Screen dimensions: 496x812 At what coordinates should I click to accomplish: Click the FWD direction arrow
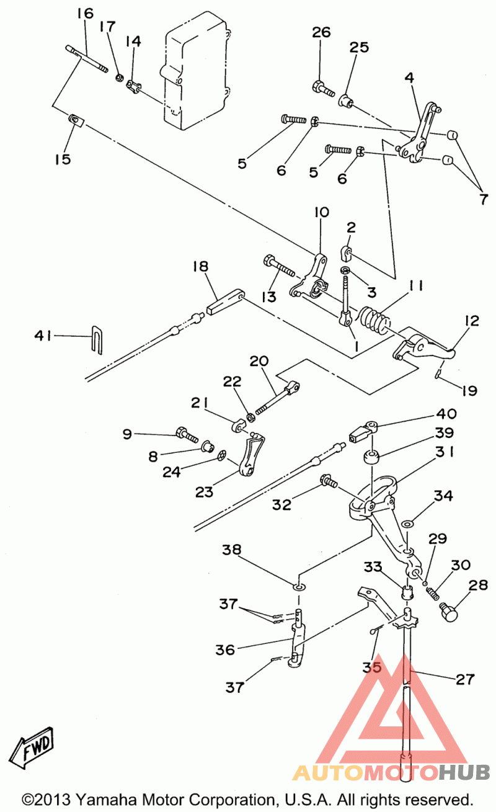point(32,747)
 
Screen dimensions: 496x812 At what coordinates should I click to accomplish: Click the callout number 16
point(85,14)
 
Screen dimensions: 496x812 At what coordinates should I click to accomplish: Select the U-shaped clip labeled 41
point(96,340)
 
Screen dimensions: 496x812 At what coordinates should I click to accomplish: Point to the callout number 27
point(465,679)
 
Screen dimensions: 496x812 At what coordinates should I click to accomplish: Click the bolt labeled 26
point(323,89)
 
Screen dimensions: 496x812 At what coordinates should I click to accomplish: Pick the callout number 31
point(445,452)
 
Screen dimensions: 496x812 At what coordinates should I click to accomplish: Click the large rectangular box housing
point(196,70)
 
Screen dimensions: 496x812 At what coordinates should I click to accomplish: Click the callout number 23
point(204,492)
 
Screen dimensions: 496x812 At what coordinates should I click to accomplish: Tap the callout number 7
point(484,199)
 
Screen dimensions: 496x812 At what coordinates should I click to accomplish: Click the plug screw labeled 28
point(448,613)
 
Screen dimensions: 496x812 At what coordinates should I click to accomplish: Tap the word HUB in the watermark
point(464,772)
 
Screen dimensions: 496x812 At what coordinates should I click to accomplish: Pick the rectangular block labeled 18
point(225,302)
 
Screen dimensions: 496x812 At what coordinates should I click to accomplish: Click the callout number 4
point(409,78)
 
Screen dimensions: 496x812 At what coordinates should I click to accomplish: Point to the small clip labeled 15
point(76,121)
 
